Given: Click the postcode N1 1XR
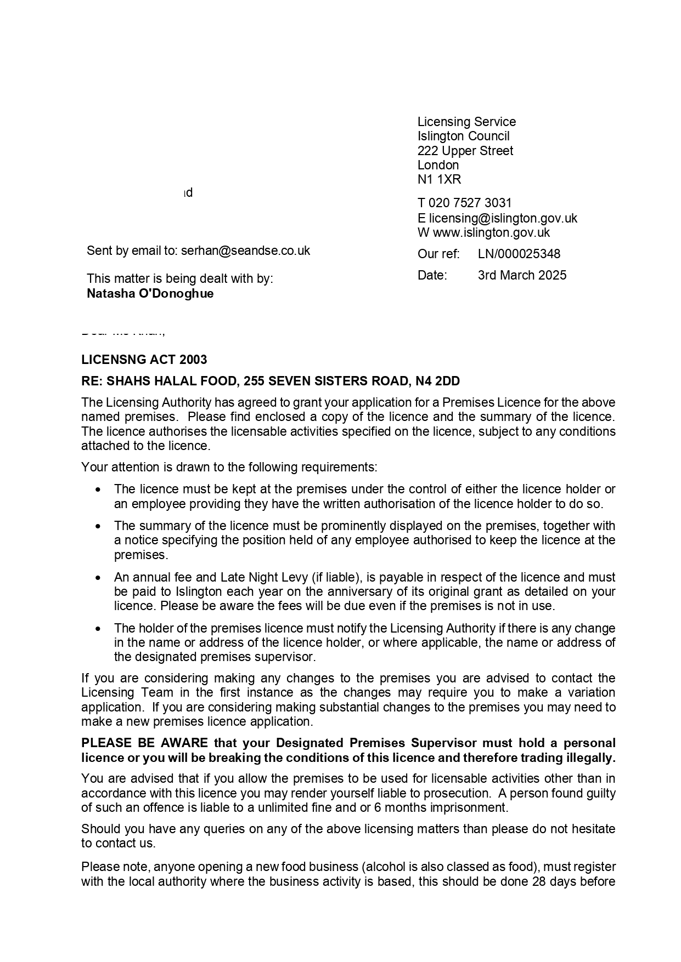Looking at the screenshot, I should tap(439, 179).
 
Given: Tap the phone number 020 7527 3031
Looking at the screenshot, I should tap(470, 203).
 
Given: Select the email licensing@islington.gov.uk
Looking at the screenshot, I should tap(503, 218).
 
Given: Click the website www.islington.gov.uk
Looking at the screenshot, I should tap(491, 232).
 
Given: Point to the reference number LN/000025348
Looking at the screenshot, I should tap(519, 254).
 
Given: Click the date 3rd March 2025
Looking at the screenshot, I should tap(522, 275).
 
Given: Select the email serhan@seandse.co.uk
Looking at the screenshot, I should tap(245, 251).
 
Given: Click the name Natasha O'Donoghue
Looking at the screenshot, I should tap(150, 293).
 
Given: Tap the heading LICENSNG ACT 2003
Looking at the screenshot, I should tap(144, 360).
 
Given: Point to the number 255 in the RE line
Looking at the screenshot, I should tap(254, 381).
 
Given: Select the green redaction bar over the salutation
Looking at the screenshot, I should tap(122, 328).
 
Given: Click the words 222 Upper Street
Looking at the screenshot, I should tap(465, 151).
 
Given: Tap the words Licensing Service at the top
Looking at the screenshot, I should tap(466, 122).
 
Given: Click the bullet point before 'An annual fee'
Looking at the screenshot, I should tap(98, 578).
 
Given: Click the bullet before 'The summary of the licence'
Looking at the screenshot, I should tap(98, 526).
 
